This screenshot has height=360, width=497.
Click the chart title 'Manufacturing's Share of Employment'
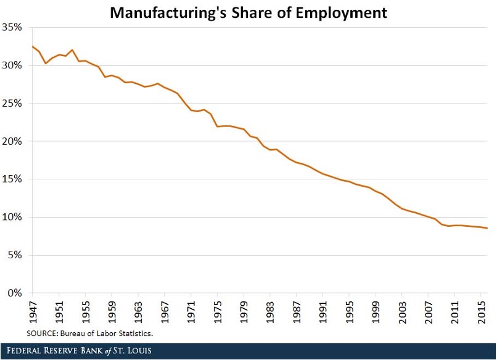tap(248, 12)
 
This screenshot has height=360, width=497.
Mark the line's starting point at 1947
tap(32, 46)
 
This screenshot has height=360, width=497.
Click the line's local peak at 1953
tap(72, 50)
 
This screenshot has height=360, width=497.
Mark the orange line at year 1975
tap(217, 126)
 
